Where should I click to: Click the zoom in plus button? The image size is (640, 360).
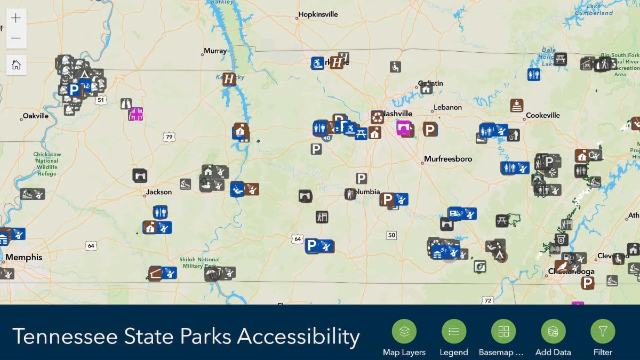pos(16,18)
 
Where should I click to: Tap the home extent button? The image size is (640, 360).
pos(16,65)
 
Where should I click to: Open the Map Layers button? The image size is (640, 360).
pos(404,331)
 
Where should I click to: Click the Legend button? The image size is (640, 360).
pos(453,331)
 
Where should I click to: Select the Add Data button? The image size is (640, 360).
pos(553,331)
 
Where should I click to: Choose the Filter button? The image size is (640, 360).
pos(603,331)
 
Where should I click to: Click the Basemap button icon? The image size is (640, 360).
pos(503,331)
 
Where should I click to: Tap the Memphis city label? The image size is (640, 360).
pos(24,258)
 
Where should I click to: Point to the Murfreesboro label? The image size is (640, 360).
pos(448,159)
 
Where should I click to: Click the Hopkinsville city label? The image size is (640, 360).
pos(318,14)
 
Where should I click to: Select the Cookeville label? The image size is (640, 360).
pos(542,115)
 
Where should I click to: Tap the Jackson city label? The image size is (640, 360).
pos(159,192)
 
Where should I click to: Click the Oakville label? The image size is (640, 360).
pos(35,116)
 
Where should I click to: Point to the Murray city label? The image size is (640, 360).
pos(215,51)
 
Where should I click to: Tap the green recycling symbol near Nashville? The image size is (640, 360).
pos(378,117)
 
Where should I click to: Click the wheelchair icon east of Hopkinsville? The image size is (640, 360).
pos(395,67)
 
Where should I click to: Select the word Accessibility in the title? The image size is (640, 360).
pos(298,337)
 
